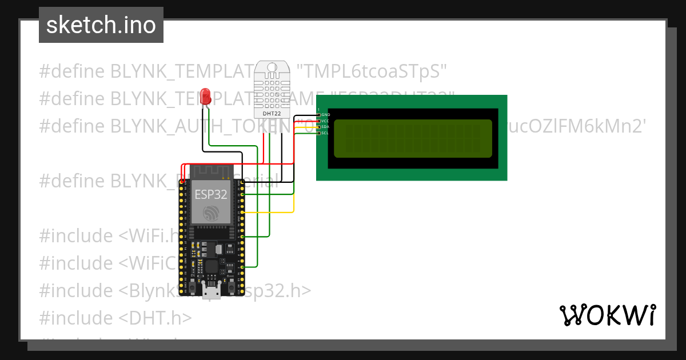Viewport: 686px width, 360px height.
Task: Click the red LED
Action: (x=206, y=95)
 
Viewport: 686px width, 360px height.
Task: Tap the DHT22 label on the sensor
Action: (x=272, y=113)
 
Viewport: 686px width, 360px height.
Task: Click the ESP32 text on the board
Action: (x=211, y=194)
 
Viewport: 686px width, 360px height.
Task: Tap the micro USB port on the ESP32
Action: (x=212, y=291)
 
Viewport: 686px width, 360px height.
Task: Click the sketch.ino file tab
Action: (x=101, y=25)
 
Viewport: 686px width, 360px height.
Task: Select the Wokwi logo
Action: (x=607, y=315)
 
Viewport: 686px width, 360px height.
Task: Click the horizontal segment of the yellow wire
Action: (x=269, y=213)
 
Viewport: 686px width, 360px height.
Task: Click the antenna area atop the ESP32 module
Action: (x=212, y=171)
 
